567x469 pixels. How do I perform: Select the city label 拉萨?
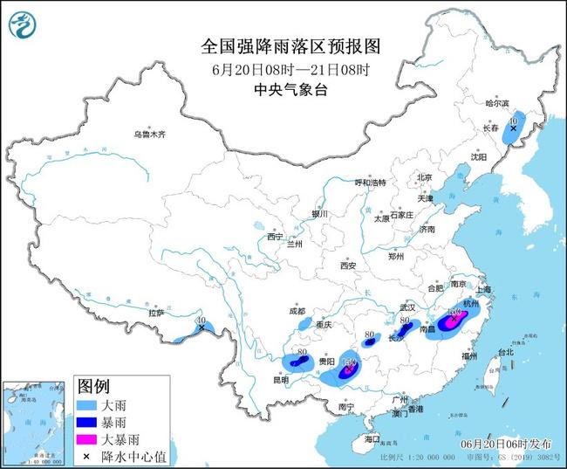[x=156, y=313]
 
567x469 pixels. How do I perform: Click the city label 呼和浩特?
[x=369, y=183]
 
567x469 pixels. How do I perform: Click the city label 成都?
[x=297, y=311]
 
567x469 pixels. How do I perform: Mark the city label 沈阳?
[x=479, y=157]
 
